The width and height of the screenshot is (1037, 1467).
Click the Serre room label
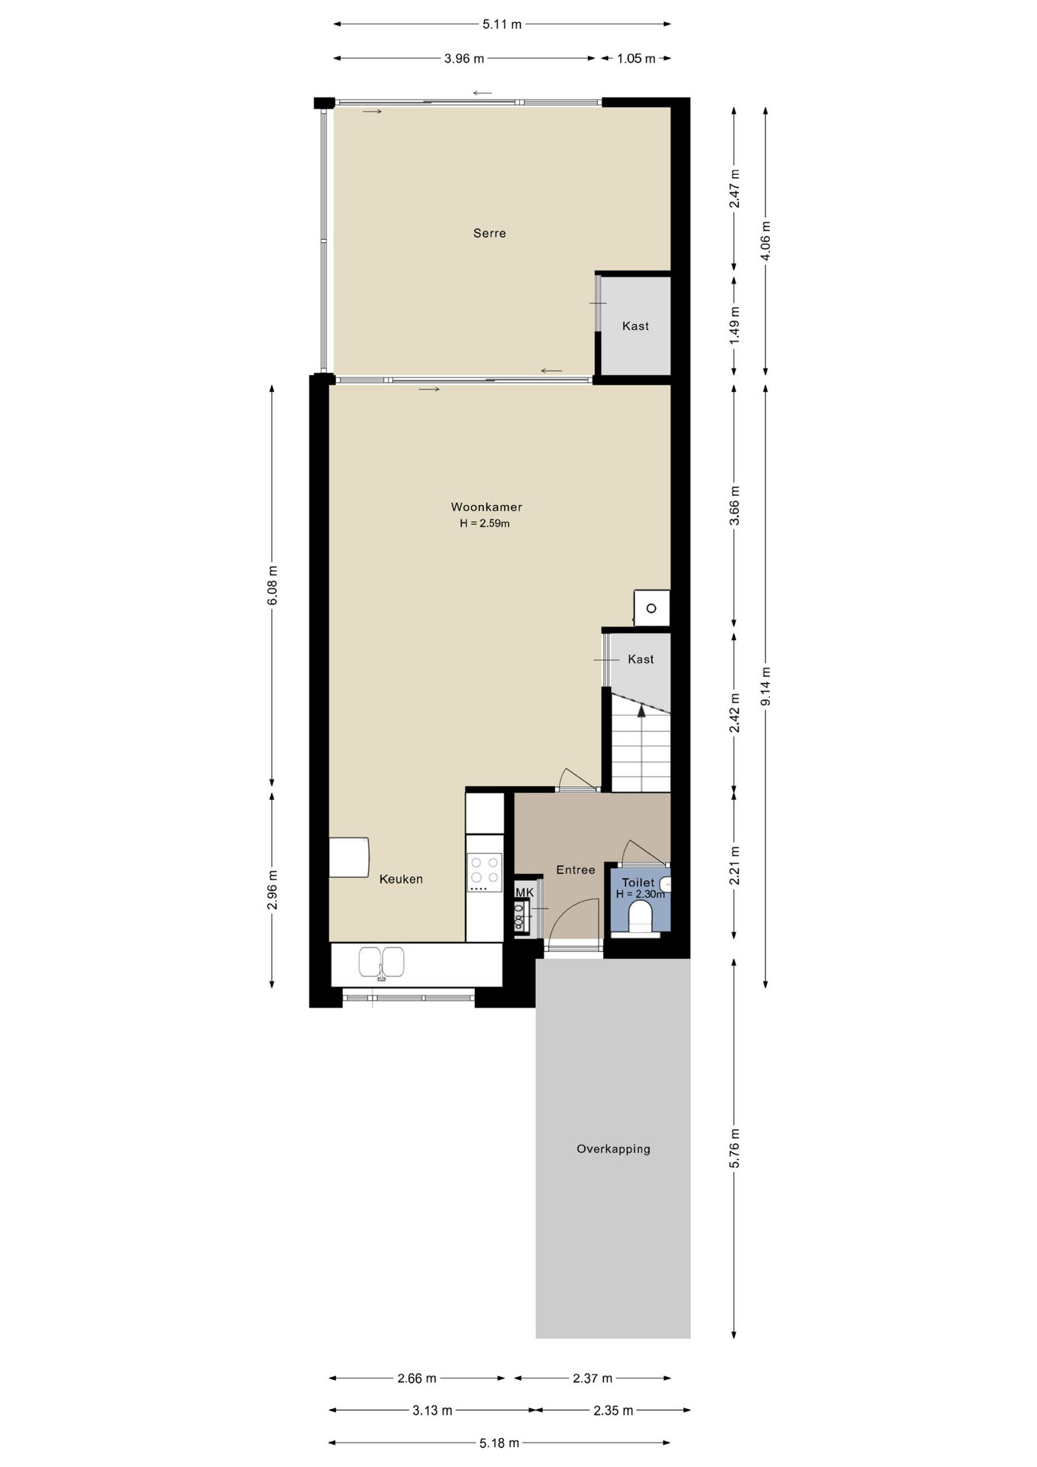pos(489,233)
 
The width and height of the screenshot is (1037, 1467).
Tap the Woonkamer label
pos(486,507)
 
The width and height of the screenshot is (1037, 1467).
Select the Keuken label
pos(401,879)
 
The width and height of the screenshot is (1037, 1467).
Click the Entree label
pos(575,870)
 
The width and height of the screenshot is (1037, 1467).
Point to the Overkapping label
pos(613,1148)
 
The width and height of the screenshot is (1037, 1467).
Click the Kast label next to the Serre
pos(635,325)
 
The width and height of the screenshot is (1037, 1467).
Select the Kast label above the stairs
pos(641,659)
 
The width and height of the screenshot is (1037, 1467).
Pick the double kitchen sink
pos(382,963)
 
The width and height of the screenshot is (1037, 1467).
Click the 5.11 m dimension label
pos(502,24)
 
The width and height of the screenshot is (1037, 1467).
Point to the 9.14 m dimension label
pos(766,686)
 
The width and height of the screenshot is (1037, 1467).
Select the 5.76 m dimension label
pos(735,1148)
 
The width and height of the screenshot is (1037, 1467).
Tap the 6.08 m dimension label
pos(273,585)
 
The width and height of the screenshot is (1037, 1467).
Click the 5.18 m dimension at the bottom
pos(499,1443)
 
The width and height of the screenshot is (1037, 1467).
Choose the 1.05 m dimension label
pos(636,58)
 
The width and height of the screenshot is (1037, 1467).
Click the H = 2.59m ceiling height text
pos(484,523)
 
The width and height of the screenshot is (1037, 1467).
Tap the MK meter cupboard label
pos(525,892)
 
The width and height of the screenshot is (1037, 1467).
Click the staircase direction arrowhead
pos(641,710)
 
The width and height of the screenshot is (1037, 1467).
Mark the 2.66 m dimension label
pos(417,1378)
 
